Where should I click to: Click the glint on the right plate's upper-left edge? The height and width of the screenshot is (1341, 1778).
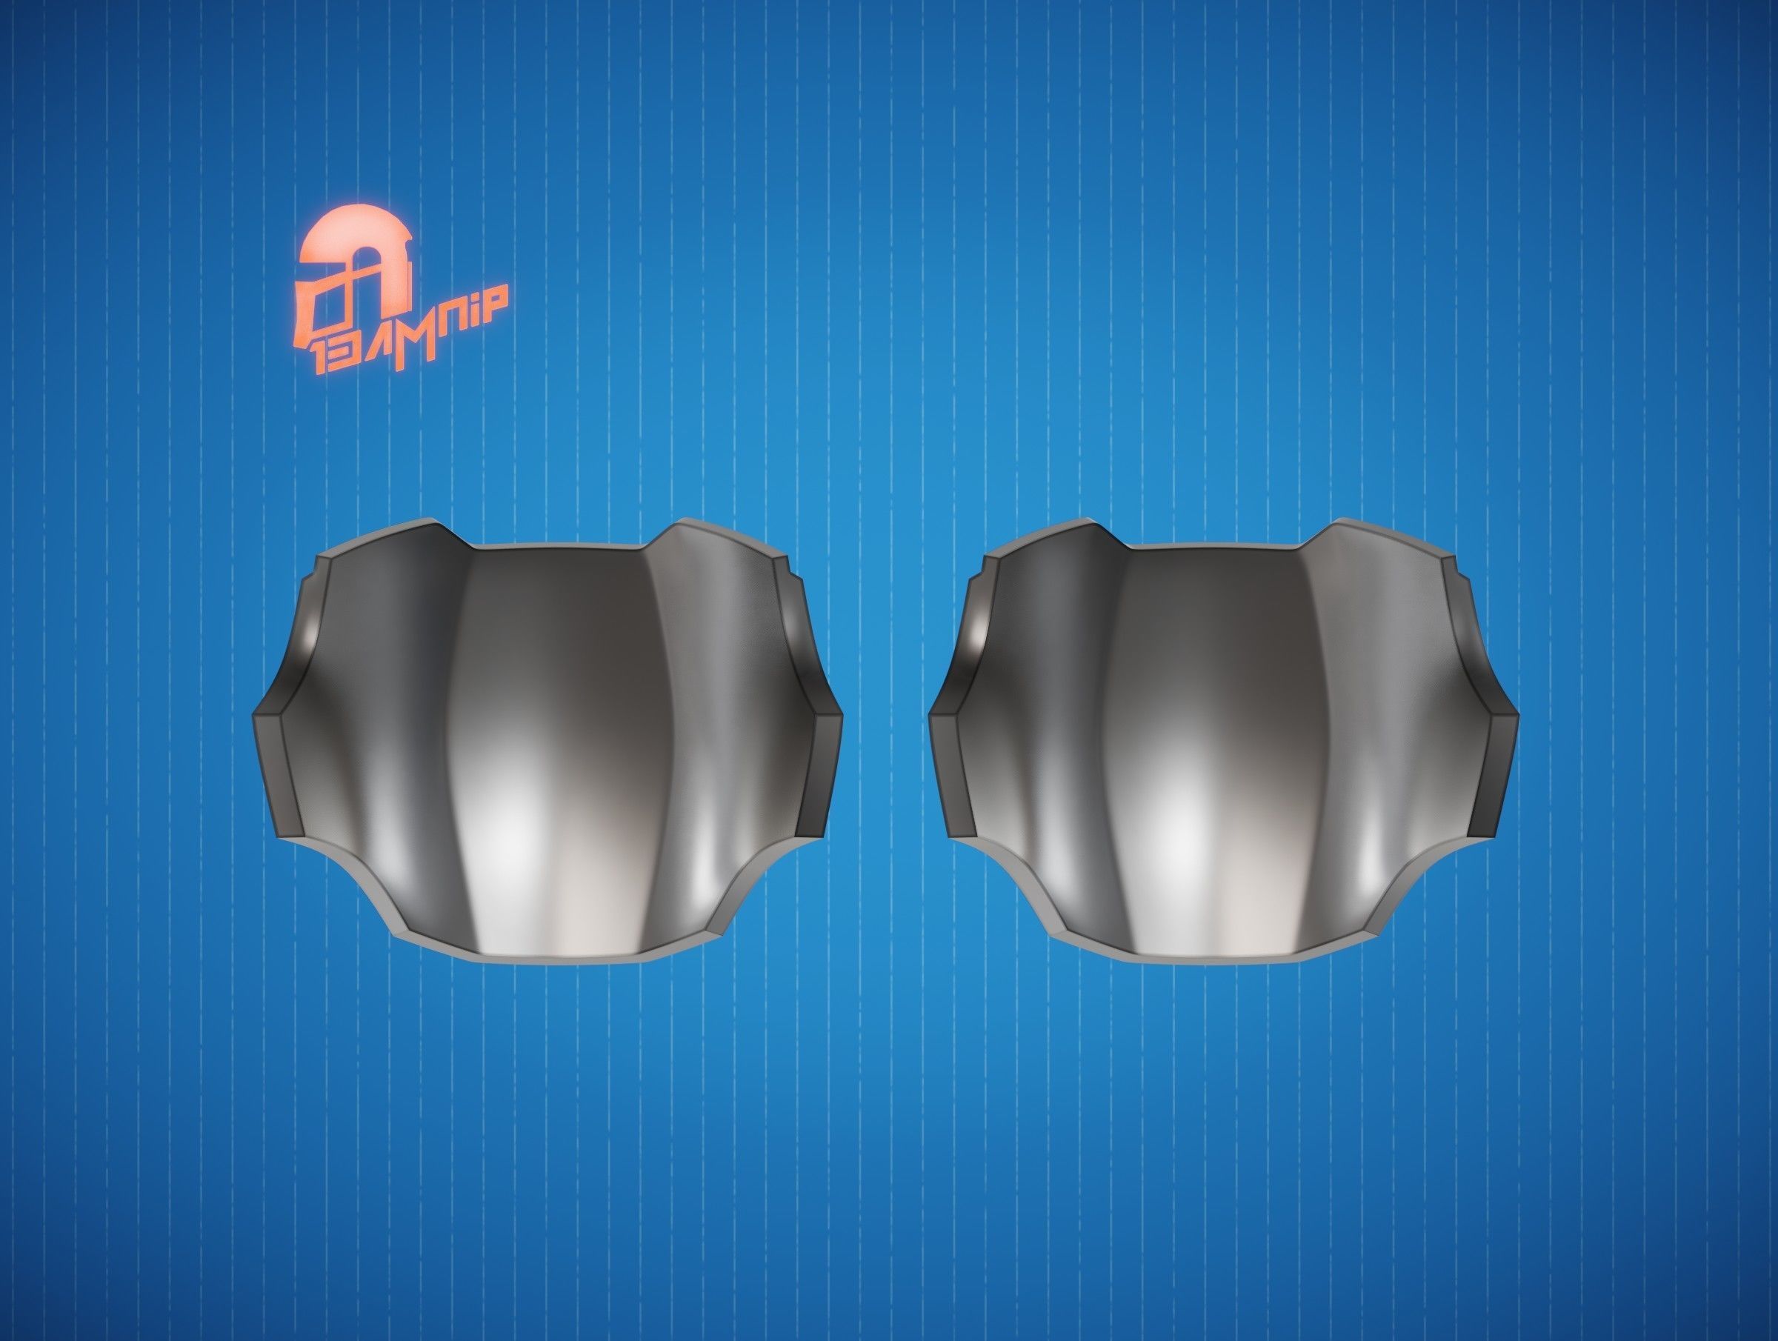[x=980, y=635]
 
